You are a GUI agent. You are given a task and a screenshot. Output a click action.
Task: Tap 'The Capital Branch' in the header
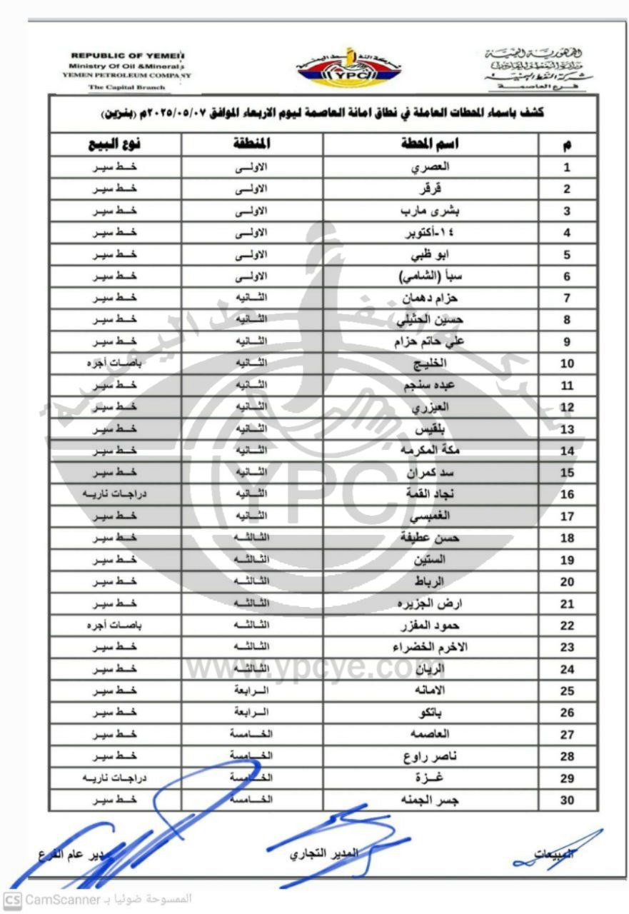pyautogui.click(x=126, y=87)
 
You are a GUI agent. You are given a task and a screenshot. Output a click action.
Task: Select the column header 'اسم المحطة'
pyautogui.click(x=431, y=145)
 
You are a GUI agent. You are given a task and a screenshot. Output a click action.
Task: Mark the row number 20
pyautogui.click(x=567, y=582)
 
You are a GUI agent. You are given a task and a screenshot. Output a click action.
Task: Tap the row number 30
pyautogui.click(x=567, y=800)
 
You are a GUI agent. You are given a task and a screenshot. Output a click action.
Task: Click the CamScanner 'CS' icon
pyautogui.click(x=12, y=899)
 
